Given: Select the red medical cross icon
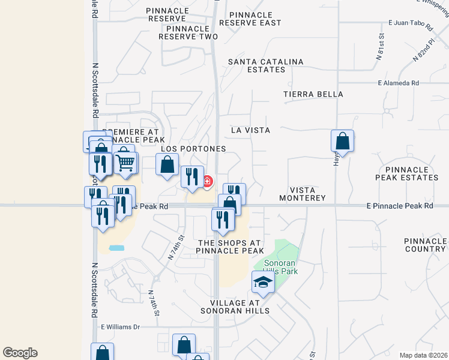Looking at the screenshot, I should click(x=208, y=181).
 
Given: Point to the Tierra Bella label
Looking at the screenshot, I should click(x=313, y=94).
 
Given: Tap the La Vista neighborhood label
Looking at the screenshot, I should click(x=250, y=130).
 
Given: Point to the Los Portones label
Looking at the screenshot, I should click(x=193, y=148).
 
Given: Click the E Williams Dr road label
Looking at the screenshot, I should click(x=120, y=327).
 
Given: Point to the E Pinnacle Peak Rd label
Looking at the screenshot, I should click(x=400, y=205).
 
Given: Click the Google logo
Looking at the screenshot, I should click(x=20, y=353).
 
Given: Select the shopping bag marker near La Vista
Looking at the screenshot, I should click(x=342, y=142).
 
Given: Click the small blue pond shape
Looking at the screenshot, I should click(x=116, y=247).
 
